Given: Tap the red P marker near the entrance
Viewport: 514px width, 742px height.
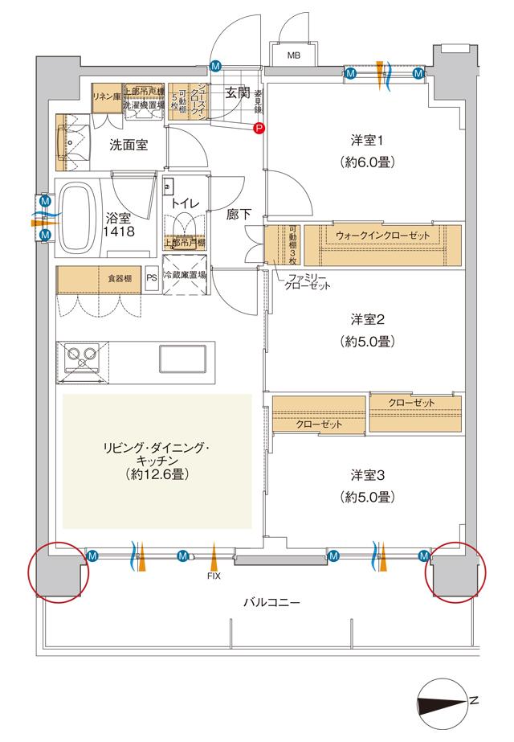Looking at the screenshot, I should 259,127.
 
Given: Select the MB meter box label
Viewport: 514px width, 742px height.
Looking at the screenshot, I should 294,56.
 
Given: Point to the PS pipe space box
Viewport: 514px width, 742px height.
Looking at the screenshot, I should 152,278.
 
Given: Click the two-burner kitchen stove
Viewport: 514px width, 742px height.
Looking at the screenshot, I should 80,357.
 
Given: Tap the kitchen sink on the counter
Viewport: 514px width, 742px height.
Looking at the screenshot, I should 182,358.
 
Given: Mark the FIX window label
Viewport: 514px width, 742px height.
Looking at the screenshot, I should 214,576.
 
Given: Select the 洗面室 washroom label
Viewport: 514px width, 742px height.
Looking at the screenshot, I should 128,146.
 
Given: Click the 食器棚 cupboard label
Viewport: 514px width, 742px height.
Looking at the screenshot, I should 119,278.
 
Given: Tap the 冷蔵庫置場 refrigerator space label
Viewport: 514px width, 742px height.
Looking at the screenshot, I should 185,274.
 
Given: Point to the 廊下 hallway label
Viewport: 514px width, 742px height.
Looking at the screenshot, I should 239,215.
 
